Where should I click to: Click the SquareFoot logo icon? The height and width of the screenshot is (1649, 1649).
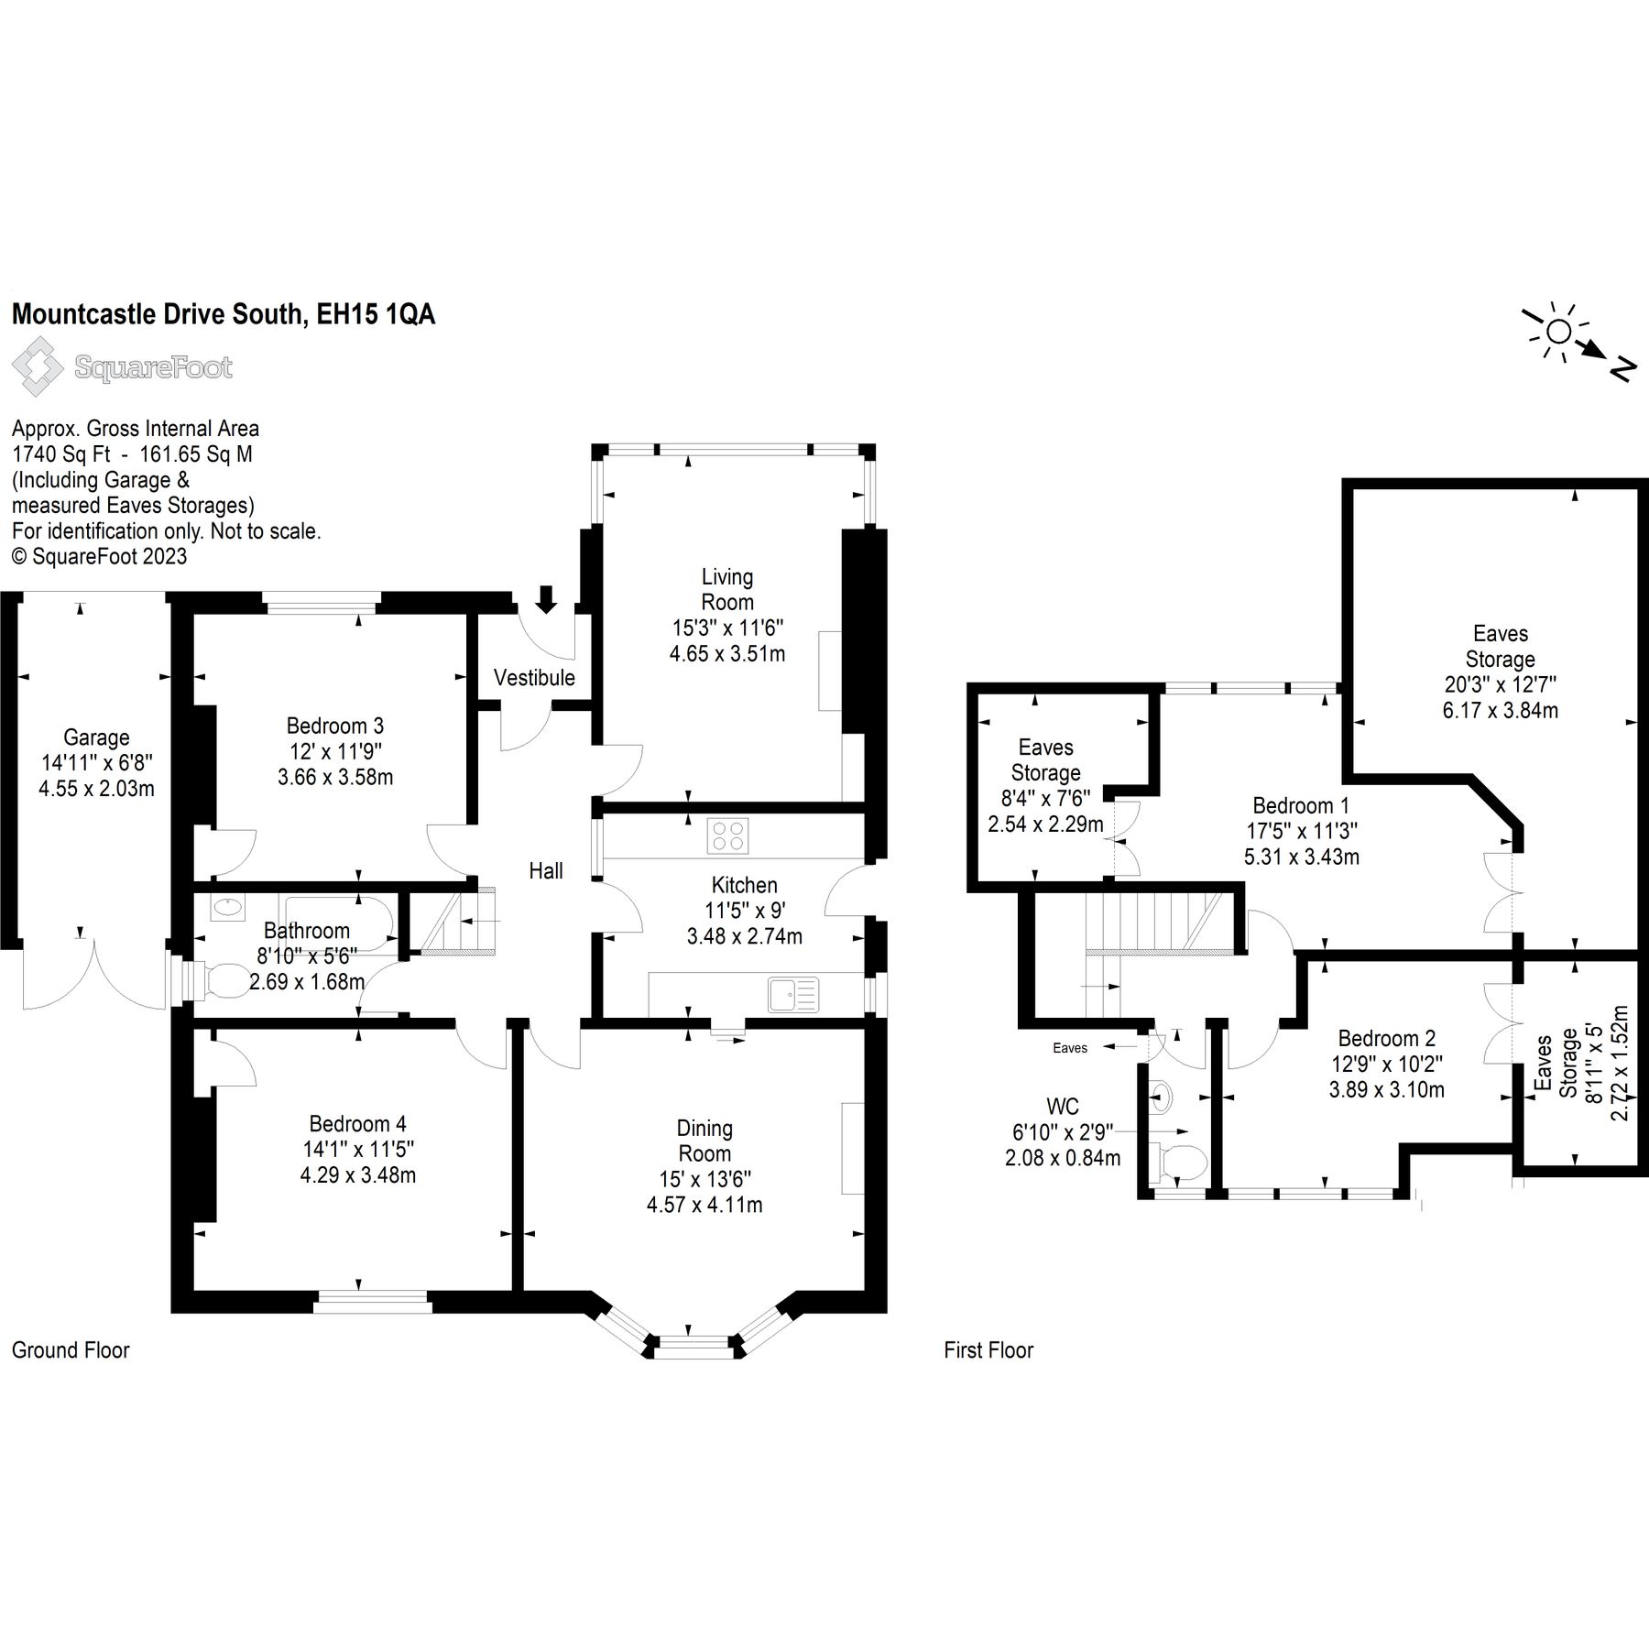click(38, 367)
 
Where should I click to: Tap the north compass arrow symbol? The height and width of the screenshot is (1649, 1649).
click(1592, 349)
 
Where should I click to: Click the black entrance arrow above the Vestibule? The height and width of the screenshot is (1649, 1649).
click(546, 598)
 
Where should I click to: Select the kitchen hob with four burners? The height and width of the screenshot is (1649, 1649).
click(728, 835)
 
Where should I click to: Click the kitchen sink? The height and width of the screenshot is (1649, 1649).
click(793, 995)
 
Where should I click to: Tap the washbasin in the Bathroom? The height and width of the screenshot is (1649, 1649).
click(227, 909)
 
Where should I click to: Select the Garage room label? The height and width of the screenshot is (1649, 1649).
click(96, 737)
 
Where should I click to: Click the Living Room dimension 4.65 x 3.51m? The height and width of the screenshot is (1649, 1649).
click(726, 653)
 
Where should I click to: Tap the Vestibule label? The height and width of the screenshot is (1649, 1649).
click(534, 678)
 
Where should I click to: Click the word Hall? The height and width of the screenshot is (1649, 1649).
click(546, 870)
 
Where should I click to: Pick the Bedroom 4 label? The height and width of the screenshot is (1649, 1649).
click(357, 1123)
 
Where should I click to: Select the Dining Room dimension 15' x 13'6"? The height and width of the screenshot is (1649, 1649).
click(704, 1179)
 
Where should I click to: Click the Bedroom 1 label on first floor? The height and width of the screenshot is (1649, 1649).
click(1301, 805)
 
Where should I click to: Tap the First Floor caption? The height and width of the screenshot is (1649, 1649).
click(988, 1349)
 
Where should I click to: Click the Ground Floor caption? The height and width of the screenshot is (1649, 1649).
click(71, 1349)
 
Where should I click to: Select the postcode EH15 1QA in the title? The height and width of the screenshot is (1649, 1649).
click(376, 314)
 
